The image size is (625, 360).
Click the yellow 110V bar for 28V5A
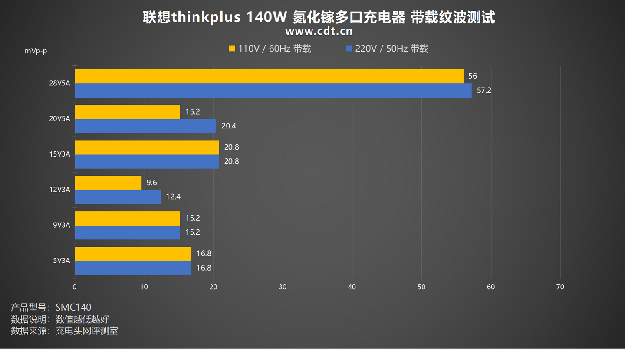(x=269, y=76)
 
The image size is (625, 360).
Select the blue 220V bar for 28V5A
(x=273, y=91)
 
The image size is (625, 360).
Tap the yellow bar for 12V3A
(x=108, y=183)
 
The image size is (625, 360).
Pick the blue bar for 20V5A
(x=145, y=126)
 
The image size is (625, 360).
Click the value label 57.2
(x=484, y=91)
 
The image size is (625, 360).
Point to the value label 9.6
(x=151, y=183)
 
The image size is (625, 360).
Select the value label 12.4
(x=173, y=197)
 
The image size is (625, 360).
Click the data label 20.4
(x=229, y=126)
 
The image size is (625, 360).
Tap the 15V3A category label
(x=59, y=154)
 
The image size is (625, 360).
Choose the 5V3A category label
(x=61, y=261)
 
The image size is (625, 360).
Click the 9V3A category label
(x=61, y=225)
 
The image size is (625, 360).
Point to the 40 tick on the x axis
(x=352, y=287)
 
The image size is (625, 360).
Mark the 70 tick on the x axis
(x=560, y=287)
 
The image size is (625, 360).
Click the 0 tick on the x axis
(x=75, y=287)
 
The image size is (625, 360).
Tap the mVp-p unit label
(x=36, y=51)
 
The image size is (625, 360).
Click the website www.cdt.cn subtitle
(x=319, y=31)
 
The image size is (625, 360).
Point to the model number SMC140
(x=73, y=308)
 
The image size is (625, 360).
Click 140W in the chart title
(x=266, y=17)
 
